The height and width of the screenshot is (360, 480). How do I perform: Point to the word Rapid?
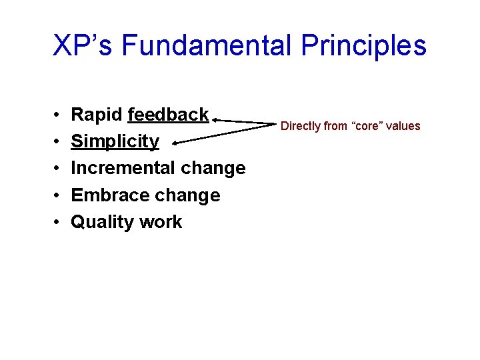(x=97, y=115)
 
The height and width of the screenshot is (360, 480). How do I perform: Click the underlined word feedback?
(x=168, y=115)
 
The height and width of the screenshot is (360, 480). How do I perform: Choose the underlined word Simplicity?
(x=115, y=141)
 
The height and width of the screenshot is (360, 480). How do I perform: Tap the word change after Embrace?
(x=187, y=195)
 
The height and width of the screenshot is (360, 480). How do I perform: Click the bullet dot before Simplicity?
(x=58, y=142)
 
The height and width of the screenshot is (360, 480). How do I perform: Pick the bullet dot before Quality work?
(x=58, y=223)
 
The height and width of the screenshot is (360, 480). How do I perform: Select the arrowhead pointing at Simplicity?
(x=175, y=142)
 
